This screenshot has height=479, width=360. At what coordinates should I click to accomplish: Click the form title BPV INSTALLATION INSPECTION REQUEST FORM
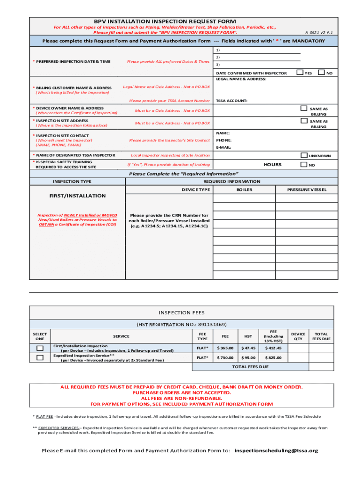tap(165, 22)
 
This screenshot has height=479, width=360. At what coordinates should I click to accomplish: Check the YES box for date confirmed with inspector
tap(300, 72)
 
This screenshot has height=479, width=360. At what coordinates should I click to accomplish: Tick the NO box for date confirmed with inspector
tap(321, 72)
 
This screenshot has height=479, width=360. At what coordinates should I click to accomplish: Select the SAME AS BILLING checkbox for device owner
tap(304, 108)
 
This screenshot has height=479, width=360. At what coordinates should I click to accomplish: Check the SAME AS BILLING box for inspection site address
tap(304, 121)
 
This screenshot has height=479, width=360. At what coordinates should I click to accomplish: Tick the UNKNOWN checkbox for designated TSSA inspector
tap(304, 155)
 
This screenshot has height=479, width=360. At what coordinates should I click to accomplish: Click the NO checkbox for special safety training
tap(304, 164)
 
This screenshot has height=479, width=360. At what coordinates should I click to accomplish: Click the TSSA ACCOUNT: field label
tap(231, 101)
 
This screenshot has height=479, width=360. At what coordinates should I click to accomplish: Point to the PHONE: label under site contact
tap(223, 140)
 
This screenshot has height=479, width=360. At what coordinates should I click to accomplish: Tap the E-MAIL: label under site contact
tap(224, 147)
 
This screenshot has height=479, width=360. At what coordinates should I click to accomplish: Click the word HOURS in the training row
tap(273, 165)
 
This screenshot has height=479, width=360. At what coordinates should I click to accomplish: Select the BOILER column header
tap(244, 189)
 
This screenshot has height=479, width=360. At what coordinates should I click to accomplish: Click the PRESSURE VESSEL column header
tap(307, 189)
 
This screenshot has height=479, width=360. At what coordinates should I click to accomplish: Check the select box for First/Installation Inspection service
tap(40, 348)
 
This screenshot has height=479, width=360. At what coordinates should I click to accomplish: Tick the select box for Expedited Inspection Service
tap(40, 357)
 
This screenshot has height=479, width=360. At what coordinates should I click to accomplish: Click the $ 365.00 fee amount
tap(225, 348)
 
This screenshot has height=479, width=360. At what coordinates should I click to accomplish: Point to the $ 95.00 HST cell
tap(248, 357)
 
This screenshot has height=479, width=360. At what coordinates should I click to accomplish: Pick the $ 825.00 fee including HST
tap(273, 357)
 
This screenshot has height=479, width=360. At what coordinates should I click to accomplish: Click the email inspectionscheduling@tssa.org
tap(276, 450)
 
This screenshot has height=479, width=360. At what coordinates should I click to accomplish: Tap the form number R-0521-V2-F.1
tap(319, 33)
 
